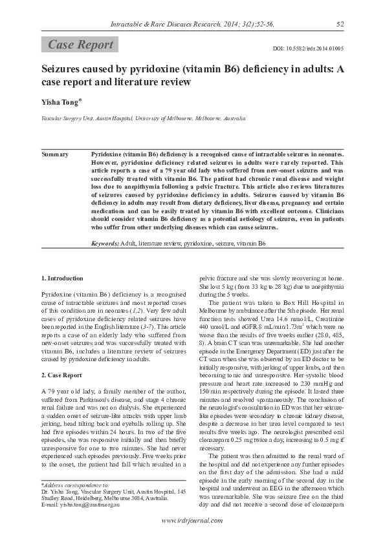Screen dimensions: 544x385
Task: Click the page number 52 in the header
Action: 340,25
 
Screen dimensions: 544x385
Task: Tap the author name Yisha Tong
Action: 61,101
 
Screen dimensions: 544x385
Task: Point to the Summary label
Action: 55,154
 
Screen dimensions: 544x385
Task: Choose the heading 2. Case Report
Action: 61,374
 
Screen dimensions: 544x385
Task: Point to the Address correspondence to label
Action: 76,483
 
